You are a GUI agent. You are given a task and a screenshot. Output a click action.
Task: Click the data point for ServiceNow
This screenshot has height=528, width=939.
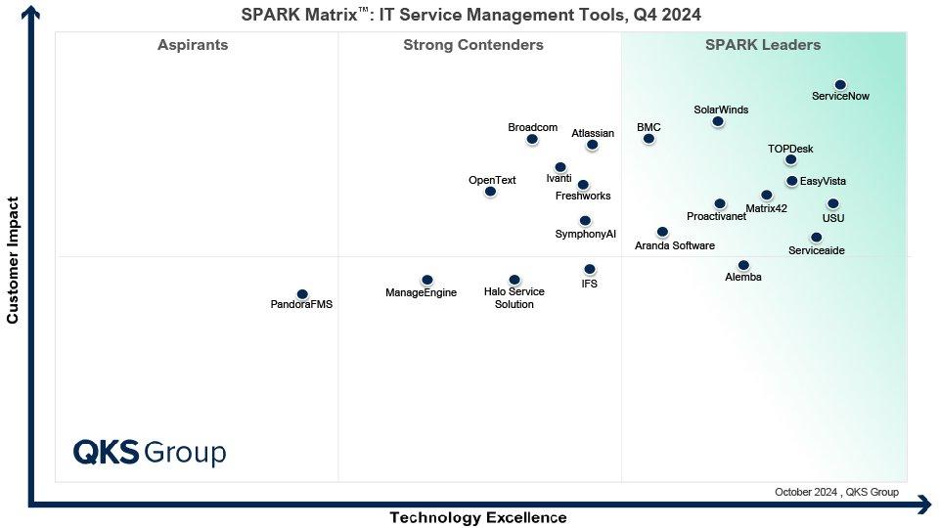pyautogui.click(x=840, y=85)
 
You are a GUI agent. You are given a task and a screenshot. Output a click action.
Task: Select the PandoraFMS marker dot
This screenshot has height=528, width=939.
pyautogui.click(x=302, y=294)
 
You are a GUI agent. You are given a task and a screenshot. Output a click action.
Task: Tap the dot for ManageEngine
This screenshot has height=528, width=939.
pyautogui.click(x=427, y=281)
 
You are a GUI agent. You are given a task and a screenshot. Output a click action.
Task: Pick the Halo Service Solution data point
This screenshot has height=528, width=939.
pyautogui.click(x=514, y=281)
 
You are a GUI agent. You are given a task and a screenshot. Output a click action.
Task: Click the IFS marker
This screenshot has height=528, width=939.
pyautogui.click(x=590, y=269)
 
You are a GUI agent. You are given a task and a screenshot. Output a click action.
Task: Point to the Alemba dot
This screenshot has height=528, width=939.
pyautogui.click(x=743, y=265)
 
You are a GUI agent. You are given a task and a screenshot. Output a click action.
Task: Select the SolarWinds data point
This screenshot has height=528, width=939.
pyautogui.click(x=718, y=121)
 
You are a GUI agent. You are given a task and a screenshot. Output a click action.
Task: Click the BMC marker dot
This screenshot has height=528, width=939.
pyautogui.click(x=648, y=139)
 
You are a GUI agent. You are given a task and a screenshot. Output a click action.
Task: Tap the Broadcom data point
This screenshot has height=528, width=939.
pyautogui.click(x=532, y=139)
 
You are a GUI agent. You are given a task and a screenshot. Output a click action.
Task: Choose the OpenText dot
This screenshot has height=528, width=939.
pyautogui.click(x=490, y=192)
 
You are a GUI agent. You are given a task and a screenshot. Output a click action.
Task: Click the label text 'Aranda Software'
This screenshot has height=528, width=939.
pyautogui.click(x=675, y=246)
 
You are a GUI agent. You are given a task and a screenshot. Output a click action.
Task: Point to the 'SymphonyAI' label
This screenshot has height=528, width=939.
pyautogui.click(x=586, y=235)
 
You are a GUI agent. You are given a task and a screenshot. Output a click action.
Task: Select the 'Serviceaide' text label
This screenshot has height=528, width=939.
pyautogui.click(x=816, y=251)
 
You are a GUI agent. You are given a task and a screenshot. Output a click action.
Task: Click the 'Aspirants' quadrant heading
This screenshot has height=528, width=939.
pyautogui.click(x=193, y=45)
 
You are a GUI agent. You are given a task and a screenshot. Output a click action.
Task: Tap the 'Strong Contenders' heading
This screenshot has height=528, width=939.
pyautogui.click(x=473, y=45)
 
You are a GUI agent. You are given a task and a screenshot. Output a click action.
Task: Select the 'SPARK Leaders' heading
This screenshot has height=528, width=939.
pyautogui.click(x=763, y=45)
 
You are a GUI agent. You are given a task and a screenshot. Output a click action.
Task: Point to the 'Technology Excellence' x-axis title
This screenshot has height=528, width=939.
pyautogui.click(x=478, y=517)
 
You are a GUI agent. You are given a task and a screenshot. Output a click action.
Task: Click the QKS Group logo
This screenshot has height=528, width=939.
pyautogui.click(x=150, y=453)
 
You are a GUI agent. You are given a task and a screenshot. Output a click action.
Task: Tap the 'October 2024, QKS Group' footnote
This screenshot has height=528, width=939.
pyautogui.click(x=835, y=492)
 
